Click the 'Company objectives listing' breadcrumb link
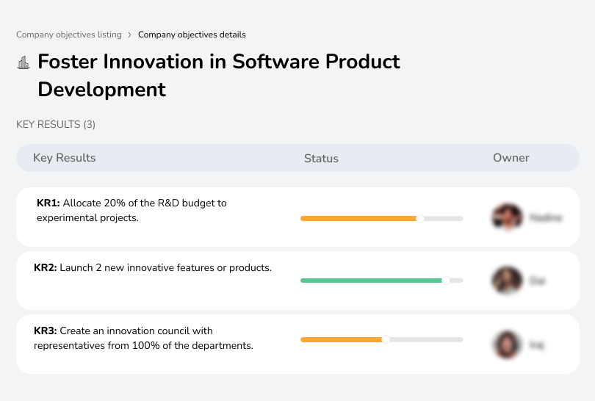coord(69,35)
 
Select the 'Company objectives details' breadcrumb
coord(192,35)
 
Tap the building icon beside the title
coord(24,62)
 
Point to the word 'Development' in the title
coord(101,90)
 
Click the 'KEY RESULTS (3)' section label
coord(56,125)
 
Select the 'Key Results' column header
coord(64,158)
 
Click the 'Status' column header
coord(321,158)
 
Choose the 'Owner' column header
coord(511,158)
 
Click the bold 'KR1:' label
coord(49,203)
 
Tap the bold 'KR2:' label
coord(46,268)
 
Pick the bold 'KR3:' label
coord(46,331)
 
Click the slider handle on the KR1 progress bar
coord(420,218)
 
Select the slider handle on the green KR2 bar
coord(445,281)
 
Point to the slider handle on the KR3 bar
coord(386,339)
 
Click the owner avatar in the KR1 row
coord(506,217)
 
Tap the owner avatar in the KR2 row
coord(506,281)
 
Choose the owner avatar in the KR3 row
coord(506,344)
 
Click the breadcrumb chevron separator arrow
coord(130,35)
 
